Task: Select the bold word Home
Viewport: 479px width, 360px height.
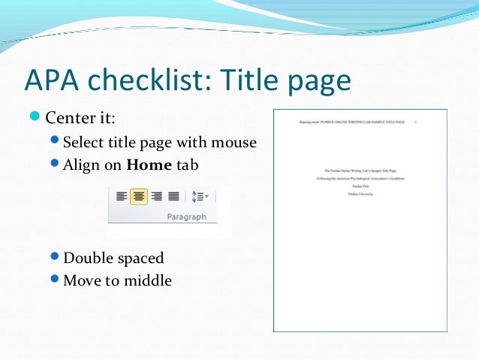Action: coord(150,165)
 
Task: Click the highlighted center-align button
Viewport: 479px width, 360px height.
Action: coord(138,196)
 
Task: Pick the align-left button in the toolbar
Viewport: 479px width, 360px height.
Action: coord(121,196)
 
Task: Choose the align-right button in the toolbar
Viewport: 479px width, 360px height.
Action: coord(156,196)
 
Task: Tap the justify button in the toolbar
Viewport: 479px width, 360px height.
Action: coord(173,196)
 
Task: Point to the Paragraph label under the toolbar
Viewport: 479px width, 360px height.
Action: coord(185,217)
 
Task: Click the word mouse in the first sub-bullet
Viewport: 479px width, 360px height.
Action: coord(233,142)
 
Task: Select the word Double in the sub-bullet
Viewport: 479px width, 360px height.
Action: coord(89,259)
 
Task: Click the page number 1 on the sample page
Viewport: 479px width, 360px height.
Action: coord(416,121)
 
